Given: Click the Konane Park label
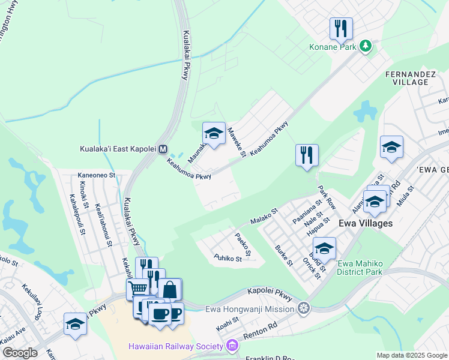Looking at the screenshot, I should pos(333,46).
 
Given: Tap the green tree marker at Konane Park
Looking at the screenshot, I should pos(365,46).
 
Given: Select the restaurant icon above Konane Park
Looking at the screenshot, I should pos(340,29).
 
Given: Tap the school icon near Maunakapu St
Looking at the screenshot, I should pos(214,133).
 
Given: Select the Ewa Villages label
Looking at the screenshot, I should pos(366,223).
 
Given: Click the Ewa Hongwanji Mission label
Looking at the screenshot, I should pos(250,309).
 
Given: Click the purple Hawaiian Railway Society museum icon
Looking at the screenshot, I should pos(231,346).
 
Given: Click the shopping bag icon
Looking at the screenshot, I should pos(170,289).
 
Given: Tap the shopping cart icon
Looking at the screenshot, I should pos(137,290).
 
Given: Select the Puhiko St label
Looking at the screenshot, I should pos(228,258).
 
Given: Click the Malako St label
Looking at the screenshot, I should pos(265,217).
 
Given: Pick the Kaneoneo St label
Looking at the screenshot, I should pos(96,176).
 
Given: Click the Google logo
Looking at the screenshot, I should pos(20,353).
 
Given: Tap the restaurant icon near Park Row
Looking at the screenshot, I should pos(307,155).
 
